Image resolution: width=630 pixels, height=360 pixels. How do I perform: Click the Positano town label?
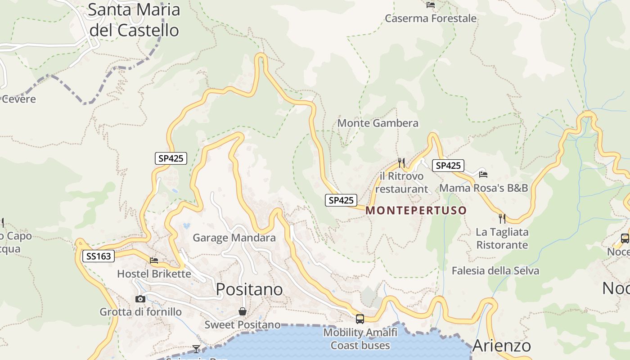249,289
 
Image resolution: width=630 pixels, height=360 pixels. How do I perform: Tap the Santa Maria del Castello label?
134,20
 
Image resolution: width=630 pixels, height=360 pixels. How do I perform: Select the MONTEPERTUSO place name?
416,211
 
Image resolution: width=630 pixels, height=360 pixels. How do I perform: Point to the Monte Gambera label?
378,123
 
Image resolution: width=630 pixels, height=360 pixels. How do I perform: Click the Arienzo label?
502,346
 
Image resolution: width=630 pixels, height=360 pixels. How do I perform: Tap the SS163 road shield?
99,256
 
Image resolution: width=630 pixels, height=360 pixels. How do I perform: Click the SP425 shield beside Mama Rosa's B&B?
448,166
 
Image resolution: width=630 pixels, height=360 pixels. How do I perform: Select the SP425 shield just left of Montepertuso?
341,200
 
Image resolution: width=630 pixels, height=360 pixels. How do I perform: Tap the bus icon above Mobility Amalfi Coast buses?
360,319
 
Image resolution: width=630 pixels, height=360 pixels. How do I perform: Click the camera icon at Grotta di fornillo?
140,299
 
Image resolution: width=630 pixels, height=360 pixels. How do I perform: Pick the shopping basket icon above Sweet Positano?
243,311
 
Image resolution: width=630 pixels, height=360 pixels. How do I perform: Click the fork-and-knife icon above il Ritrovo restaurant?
401,162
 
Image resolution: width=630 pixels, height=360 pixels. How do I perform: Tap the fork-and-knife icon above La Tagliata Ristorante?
502,219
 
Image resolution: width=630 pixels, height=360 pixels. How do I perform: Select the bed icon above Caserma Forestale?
431,5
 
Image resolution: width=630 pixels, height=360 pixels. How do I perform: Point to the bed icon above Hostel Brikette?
154,260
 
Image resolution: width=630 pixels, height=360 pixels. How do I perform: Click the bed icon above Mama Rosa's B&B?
483,174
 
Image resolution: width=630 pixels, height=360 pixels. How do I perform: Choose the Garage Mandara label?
234,238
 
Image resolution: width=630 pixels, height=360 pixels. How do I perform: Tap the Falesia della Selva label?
495,270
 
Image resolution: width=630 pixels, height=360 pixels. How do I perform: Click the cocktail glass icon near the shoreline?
196,349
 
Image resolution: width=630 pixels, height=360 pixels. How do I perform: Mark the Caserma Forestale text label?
431,18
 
